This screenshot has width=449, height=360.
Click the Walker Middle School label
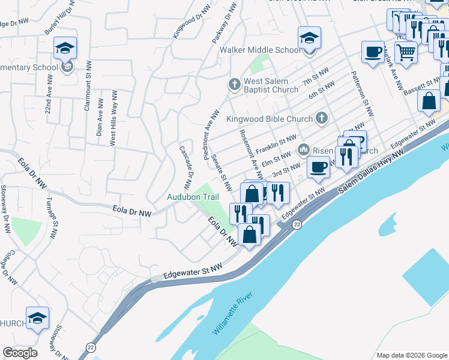(259, 50)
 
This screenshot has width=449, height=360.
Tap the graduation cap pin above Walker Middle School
(309, 38)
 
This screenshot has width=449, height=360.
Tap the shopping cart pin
(406, 53)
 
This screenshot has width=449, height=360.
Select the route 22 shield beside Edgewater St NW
(297, 224)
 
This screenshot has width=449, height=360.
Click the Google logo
(20, 353)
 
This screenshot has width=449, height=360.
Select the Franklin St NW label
(276, 143)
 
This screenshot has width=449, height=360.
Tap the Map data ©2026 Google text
(412, 355)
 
